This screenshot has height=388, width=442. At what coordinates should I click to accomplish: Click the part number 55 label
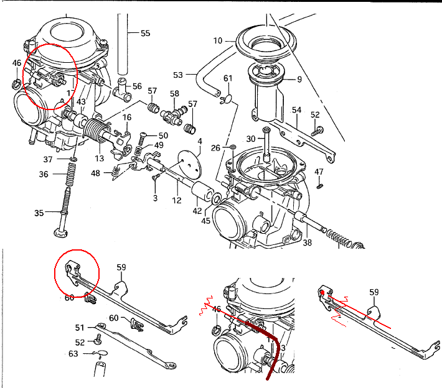pos(145,33)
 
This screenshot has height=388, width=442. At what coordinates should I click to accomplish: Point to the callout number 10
pos(217,41)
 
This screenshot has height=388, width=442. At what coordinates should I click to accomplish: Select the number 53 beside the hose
pos(178,75)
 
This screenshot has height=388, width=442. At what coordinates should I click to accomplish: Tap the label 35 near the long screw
pos(39,213)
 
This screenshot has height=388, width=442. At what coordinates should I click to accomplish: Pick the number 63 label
pos(73,354)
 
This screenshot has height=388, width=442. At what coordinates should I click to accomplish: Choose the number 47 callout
pos(319,171)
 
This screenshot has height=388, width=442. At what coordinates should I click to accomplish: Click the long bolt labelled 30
pos(267,146)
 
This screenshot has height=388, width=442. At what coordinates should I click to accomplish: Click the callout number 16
pos(127,117)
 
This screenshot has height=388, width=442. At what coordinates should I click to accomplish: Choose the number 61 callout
pos(228,78)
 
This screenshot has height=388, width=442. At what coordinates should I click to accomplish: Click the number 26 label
pos(215,147)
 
